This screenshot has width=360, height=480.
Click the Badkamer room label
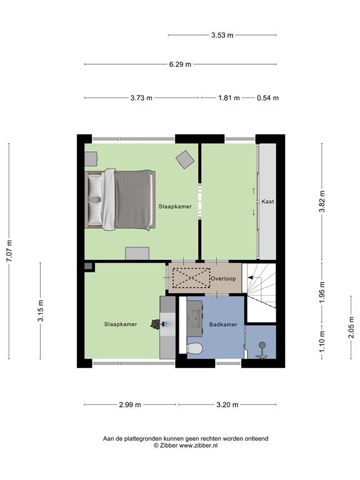click(223, 324)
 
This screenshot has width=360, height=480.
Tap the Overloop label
click(223, 278)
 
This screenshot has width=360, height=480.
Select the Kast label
click(267, 202)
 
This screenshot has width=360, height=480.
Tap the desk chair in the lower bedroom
click(154, 324)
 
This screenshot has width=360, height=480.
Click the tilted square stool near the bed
click(184, 159)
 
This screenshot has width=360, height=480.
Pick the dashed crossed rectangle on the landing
click(191, 277)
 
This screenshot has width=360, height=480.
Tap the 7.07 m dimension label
click(9, 251)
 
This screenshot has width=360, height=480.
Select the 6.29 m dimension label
click(180, 64)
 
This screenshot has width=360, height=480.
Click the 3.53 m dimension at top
click(222, 36)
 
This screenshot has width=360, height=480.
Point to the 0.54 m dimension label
click(267, 98)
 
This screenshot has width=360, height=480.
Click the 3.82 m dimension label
click(322, 201)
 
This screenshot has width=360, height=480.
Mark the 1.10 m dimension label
click(322, 342)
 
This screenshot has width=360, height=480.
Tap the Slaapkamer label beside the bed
click(175, 206)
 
